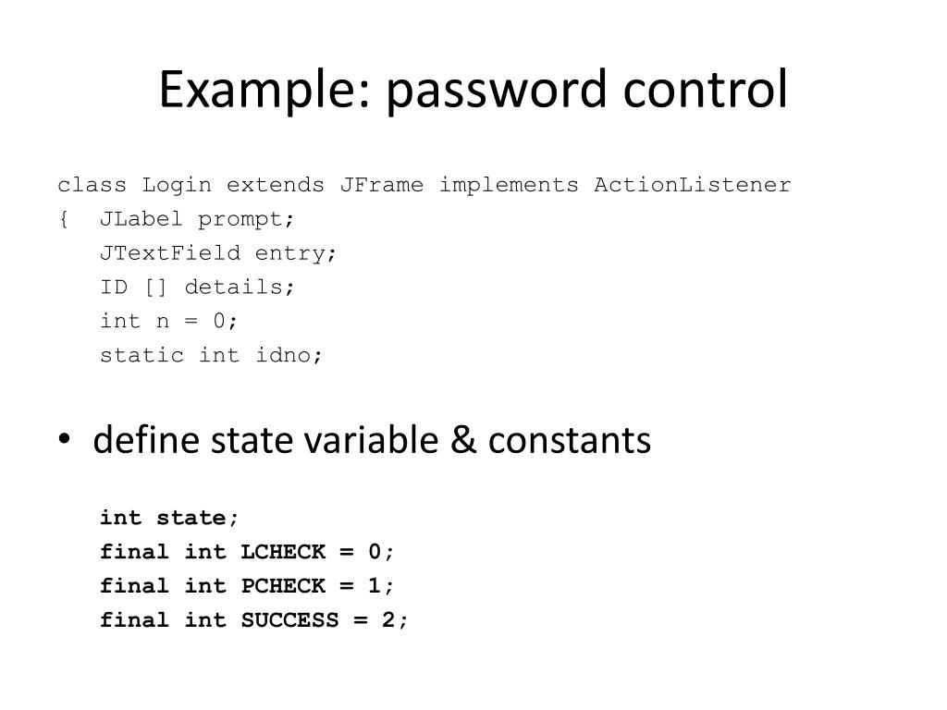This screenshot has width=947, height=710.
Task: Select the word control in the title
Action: [x=706, y=90]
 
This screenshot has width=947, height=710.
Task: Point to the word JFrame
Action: [x=381, y=185]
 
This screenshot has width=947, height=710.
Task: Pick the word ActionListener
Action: [x=693, y=185]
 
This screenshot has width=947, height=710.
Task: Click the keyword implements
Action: [x=509, y=185]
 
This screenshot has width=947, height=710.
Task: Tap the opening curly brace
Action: [x=63, y=220]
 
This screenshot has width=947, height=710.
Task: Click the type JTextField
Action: [x=170, y=253]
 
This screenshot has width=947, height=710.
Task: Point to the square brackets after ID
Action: [x=155, y=288]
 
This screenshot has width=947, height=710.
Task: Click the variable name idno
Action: [x=289, y=355]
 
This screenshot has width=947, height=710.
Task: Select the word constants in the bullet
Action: [x=570, y=441]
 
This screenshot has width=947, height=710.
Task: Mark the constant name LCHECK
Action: [x=283, y=552]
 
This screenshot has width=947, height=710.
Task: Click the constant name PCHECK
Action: [x=283, y=586]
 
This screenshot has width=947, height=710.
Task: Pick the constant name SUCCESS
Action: [x=289, y=620]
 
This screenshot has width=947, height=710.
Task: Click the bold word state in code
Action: [x=191, y=518]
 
